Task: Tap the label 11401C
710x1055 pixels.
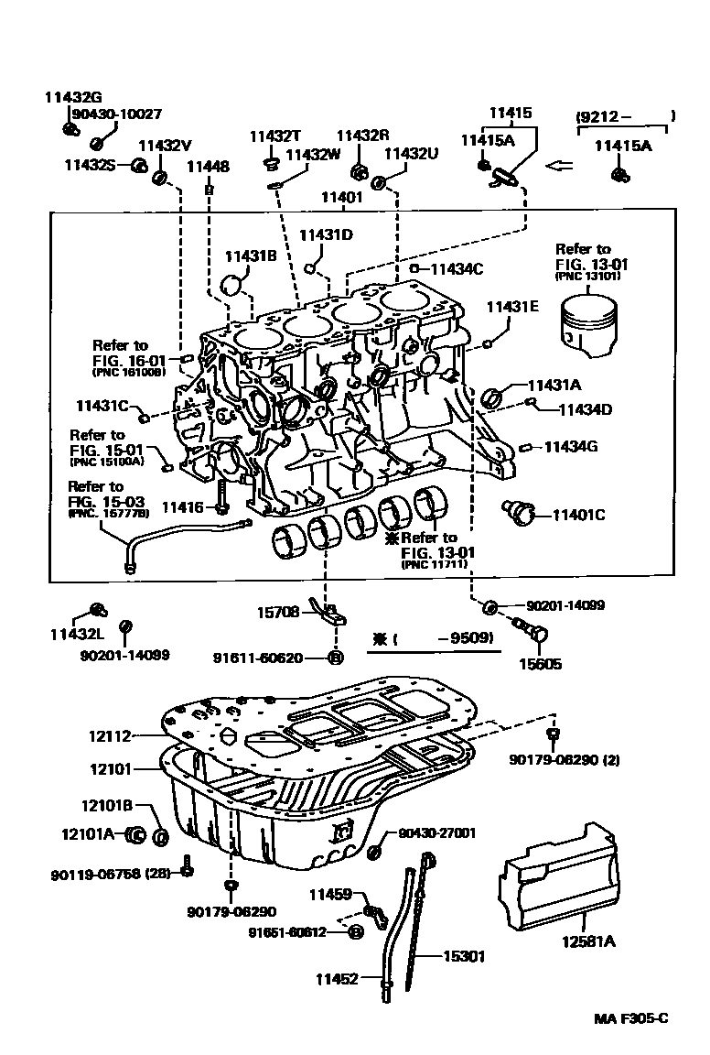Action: (578, 516)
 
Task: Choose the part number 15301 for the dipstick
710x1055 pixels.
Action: (464, 956)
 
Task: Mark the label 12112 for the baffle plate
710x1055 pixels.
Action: (111, 735)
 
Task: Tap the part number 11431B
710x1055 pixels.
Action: (251, 257)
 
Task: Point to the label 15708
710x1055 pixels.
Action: (278, 614)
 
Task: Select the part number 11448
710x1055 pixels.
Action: (208, 167)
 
